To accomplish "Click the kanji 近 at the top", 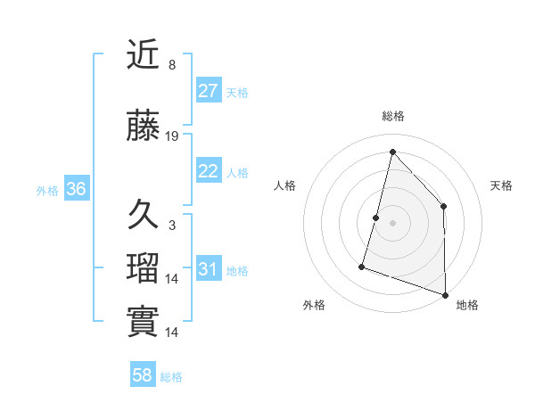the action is pos(144,57).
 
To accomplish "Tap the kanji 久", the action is pos(144,215).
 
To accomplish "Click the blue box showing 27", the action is pos(209,91).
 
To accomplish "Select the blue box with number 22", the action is pos(209,172).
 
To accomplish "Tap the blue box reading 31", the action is pos(209,270).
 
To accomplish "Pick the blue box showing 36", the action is pos(76,189).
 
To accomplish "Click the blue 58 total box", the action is pos(143,375).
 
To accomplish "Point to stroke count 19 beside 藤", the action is pos(172,136).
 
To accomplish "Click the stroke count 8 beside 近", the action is pos(172,65).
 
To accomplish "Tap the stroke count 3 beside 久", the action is pos(172,226).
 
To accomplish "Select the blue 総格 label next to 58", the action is pos(171,376).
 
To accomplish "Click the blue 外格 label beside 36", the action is pos(47,190).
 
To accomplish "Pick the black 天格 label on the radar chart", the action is pos(502,185).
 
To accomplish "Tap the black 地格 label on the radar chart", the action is pos(467,305).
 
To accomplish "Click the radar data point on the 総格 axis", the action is pos(392,152).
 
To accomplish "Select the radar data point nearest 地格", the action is pos(445,293).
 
